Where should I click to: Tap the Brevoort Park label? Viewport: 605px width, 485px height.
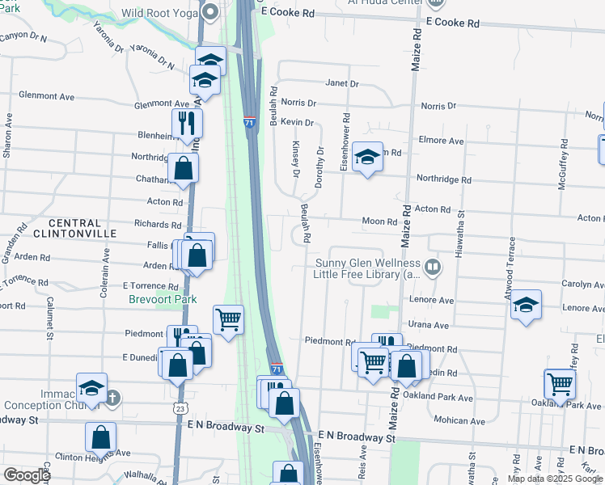(x=163, y=299)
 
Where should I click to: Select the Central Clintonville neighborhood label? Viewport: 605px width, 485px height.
(x=75, y=228)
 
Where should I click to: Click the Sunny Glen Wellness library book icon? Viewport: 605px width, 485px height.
(x=433, y=268)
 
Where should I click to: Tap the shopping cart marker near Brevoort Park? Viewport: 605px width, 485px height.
(x=229, y=319)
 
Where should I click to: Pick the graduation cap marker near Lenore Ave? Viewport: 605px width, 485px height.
(x=526, y=304)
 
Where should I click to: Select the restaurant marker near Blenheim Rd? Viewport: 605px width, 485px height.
(x=187, y=124)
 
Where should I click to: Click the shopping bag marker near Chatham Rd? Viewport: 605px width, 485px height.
(x=184, y=169)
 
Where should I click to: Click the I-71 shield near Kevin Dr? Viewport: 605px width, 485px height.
(x=249, y=121)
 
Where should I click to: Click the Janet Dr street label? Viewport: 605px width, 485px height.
(x=341, y=83)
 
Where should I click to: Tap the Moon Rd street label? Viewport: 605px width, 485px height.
(x=379, y=221)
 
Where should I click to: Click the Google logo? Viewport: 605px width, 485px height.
(x=27, y=475)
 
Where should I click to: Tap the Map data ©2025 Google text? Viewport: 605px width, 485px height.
(x=554, y=479)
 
